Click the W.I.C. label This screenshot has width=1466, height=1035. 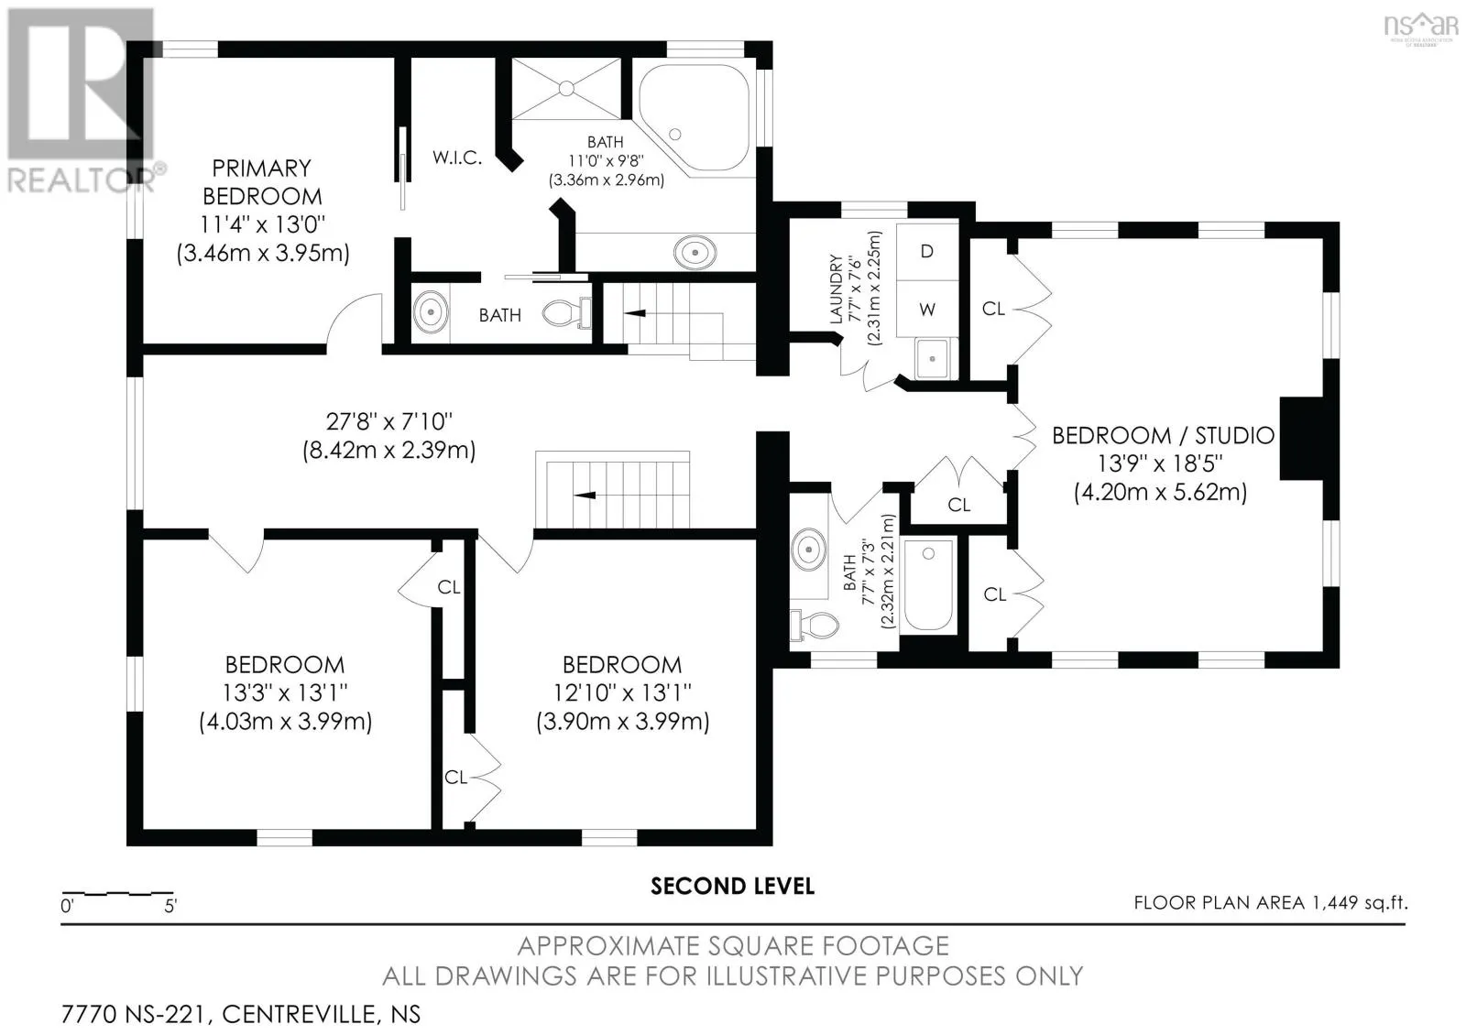click(x=457, y=158)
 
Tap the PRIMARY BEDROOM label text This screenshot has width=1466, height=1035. click(x=262, y=182)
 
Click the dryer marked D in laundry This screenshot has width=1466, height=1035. click(x=926, y=251)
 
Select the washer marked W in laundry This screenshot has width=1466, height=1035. click(x=926, y=309)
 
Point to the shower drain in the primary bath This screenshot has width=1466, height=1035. click(x=566, y=88)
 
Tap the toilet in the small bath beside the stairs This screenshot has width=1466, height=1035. click(x=567, y=313)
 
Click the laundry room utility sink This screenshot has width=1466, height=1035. click(x=932, y=358)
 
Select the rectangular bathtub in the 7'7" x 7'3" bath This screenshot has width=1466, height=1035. click(x=928, y=586)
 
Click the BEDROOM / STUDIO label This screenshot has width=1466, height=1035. click(x=1163, y=435)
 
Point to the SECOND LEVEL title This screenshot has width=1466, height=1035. click(x=732, y=887)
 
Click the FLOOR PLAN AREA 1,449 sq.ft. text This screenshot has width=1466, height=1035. click(x=1270, y=903)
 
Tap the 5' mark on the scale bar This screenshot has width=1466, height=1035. click(x=170, y=906)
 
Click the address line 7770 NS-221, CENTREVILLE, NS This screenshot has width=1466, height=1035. click(x=241, y=1014)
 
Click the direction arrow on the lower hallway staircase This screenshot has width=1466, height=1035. click(x=585, y=496)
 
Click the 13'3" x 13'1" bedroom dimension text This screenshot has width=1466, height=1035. click(x=285, y=692)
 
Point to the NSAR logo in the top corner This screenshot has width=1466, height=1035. click(x=1420, y=27)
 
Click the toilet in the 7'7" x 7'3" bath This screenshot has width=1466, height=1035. click(x=815, y=624)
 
